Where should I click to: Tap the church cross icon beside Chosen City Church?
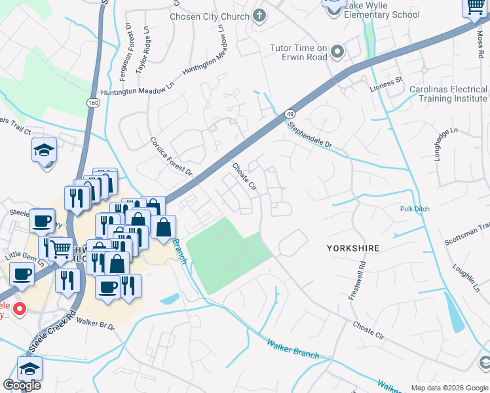pos(259,15)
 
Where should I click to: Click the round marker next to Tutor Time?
pos(338,51)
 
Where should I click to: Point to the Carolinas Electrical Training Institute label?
pos(448,94)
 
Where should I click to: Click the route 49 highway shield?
pos(290,115)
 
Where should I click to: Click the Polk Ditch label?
pos(415,209)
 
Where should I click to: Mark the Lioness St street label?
pos(386,84)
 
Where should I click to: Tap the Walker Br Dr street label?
pos(95,323)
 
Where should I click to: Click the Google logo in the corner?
pos(22,385)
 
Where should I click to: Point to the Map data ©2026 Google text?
pos(449,388)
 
